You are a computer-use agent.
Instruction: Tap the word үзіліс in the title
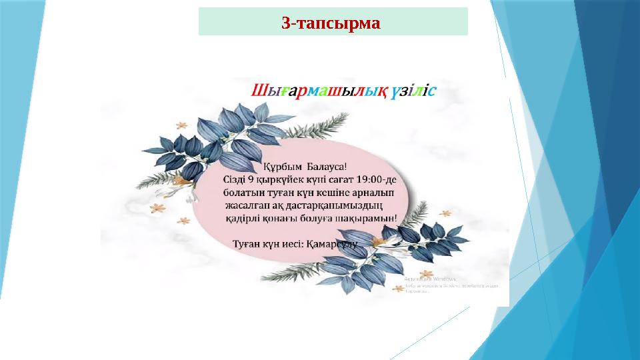(x=414, y=91)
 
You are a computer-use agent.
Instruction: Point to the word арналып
(x=376, y=192)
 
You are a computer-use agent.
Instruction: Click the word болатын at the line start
(x=243, y=192)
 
